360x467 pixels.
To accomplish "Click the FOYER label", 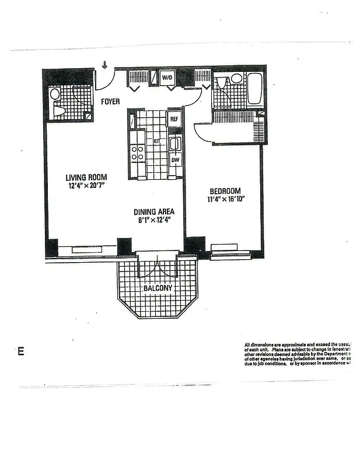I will point(110,102).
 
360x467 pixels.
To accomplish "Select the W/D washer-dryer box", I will point(167,77).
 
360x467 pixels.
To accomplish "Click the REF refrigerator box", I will point(174,119).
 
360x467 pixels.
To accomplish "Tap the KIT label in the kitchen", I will point(156,141).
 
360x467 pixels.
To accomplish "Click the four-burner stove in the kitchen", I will point(137,153).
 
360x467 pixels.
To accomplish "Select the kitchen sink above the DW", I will point(174,143).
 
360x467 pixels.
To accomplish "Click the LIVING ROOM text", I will point(86,177).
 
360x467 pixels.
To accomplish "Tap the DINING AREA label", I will point(154,212).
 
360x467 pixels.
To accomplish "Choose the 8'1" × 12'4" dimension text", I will point(154,221).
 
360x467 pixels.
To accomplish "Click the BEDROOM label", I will point(225,191).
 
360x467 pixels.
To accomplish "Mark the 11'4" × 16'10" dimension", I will point(225,199).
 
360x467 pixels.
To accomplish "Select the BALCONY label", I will point(158,288).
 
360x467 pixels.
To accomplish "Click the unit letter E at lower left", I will point(21,351).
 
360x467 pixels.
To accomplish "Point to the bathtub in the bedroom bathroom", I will point(254,89).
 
